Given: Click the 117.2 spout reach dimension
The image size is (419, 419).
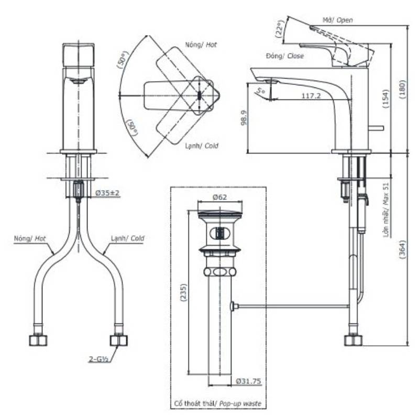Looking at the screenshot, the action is point(311,96).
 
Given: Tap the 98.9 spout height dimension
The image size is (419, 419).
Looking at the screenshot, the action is point(244,117).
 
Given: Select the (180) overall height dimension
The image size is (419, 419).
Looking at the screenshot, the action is point(402,89).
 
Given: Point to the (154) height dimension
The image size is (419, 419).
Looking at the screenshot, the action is point(385,98).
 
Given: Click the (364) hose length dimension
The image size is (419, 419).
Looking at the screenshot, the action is point(402,249).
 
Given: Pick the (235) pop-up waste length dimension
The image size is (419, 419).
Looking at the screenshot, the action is point(183,293).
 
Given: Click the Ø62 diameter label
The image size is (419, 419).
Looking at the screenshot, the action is point(219,197).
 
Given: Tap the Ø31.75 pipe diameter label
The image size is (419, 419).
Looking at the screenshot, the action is point(248,381).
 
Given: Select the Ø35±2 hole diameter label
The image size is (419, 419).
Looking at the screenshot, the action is point(107,193).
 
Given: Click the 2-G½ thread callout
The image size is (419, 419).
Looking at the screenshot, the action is point(98,359).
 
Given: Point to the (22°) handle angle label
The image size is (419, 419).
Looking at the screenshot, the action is point(279,29).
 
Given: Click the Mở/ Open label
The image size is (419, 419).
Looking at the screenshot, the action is point(337,20).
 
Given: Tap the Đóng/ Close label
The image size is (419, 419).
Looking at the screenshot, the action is point(285,56).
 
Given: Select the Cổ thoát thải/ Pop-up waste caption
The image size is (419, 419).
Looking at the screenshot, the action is point(218,403).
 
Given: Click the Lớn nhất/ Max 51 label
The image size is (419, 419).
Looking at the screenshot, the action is point(385,210).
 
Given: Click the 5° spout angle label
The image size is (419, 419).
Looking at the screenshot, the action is point(260,90).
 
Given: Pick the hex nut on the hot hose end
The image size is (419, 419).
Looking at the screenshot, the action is point(38,340).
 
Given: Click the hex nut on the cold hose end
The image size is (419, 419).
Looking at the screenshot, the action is point(119,340).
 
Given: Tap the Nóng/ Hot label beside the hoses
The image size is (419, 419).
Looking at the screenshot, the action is point(30,238).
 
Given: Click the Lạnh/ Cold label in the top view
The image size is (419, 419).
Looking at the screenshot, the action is point(202,146).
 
